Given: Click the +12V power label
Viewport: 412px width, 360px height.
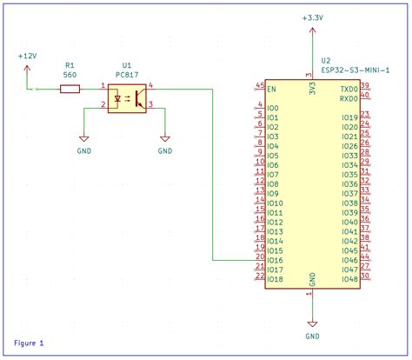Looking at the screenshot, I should (x=27, y=55).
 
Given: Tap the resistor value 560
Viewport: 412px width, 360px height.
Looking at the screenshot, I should (x=70, y=75).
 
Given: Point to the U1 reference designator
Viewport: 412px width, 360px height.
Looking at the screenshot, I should (x=127, y=65).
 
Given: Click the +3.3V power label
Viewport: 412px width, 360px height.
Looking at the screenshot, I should (x=313, y=17).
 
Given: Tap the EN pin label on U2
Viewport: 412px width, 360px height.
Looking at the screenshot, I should (x=272, y=89).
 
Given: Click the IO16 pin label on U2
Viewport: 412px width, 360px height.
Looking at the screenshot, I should (x=276, y=260).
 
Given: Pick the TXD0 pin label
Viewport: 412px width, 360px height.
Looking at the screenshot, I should (x=348, y=89).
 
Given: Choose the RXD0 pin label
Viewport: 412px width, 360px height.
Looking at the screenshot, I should (x=348, y=98).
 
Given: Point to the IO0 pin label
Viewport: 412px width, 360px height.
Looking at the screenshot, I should (x=273, y=108).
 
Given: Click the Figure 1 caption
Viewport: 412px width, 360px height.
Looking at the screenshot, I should (x=30, y=343).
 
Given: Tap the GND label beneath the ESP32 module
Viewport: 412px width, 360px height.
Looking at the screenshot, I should (x=312, y=336).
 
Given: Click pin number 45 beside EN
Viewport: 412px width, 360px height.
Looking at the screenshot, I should (x=260, y=84).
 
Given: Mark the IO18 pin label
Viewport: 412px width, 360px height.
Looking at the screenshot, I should (x=276, y=279).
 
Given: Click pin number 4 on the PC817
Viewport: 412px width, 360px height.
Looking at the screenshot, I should (x=151, y=84).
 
